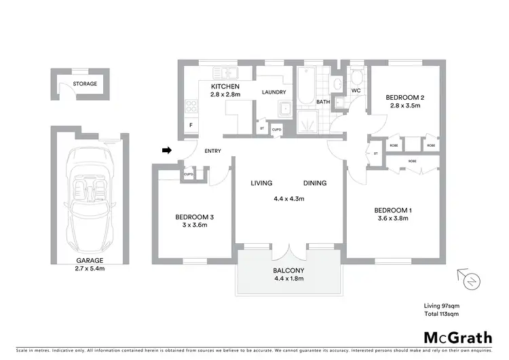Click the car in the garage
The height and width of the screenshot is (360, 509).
[x=89, y=193]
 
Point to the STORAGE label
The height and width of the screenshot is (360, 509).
[x=86, y=84]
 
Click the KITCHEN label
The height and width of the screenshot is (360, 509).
[x=224, y=88]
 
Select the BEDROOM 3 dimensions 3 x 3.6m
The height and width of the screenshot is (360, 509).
[x=195, y=225]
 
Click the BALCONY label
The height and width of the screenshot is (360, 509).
[x=289, y=270]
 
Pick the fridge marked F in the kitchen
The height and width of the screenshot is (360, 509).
[x=191, y=125]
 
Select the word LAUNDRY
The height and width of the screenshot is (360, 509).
[x=274, y=92]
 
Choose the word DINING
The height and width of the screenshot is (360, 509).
[x=315, y=183]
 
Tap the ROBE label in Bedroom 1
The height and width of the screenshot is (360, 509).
[x=412, y=161]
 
